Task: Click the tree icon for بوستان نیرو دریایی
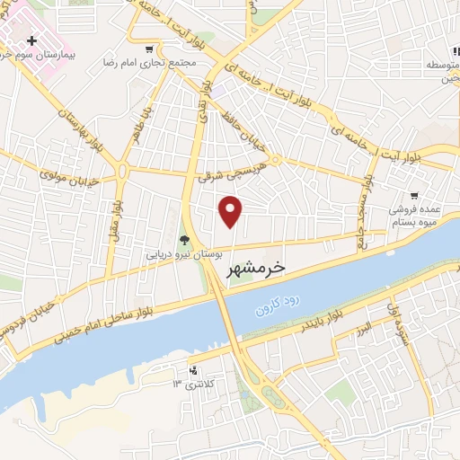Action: (x=184, y=240)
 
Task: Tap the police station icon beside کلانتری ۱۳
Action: (x=191, y=369)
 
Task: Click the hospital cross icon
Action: (x=32, y=41)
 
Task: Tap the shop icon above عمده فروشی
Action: (x=414, y=195)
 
